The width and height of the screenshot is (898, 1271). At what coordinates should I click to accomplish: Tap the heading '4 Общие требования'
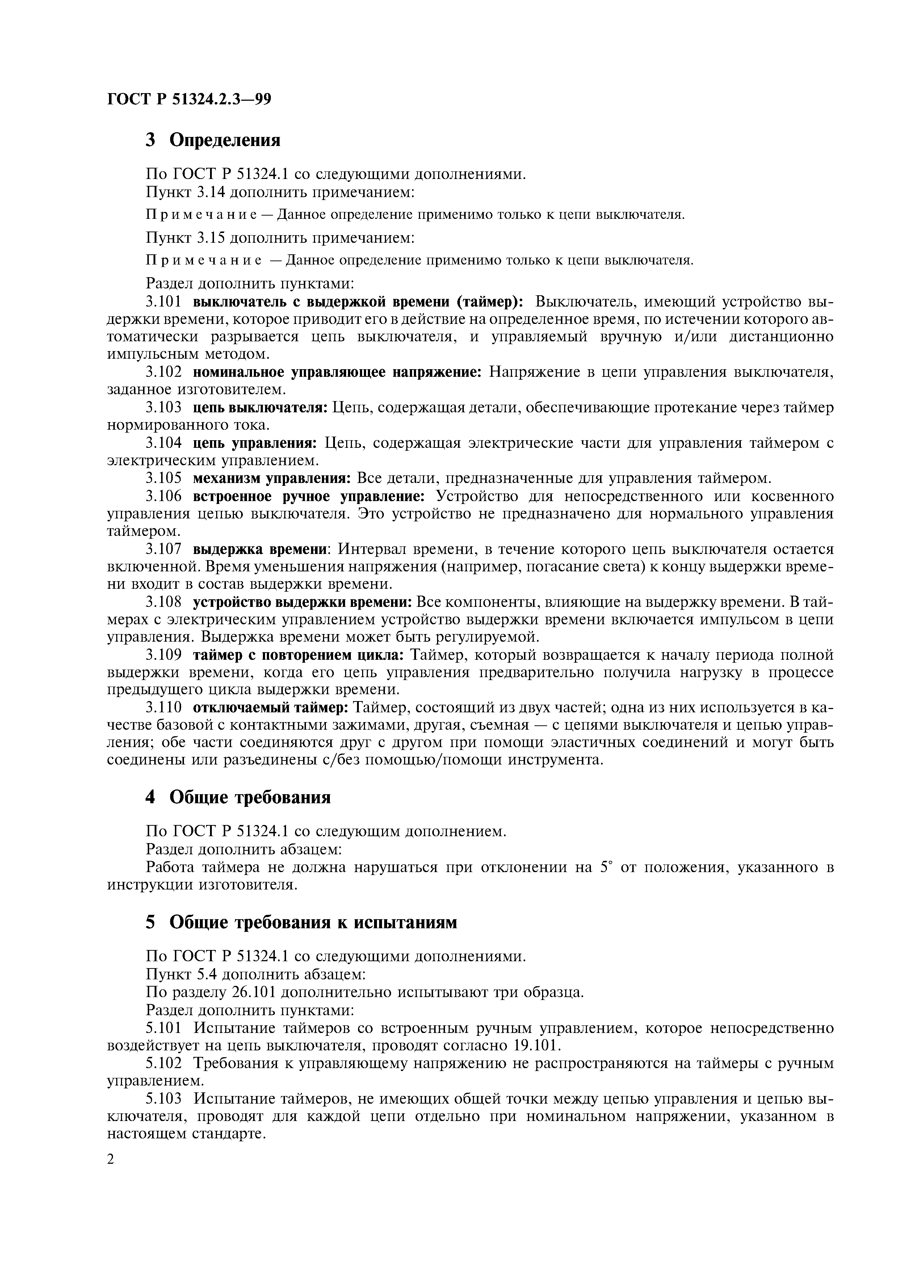(x=238, y=797)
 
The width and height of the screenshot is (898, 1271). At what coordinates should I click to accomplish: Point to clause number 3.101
(x=163, y=302)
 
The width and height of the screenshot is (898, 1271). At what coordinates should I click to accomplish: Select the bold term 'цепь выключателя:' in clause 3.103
(x=261, y=408)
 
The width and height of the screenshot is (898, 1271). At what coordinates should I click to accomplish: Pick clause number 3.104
(x=163, y=443)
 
